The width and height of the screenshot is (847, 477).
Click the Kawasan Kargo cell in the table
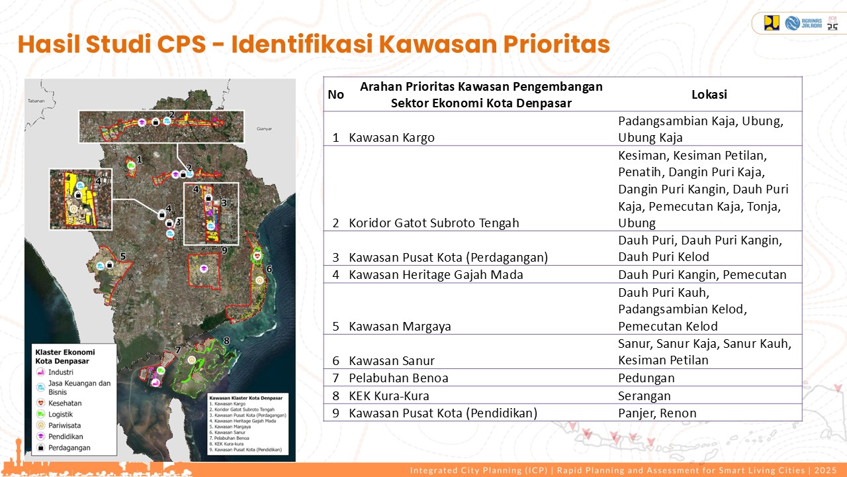pyautogui.click(x=392, y=138)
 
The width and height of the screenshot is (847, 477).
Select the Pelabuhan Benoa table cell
pyautogui.click(x=398, y=378)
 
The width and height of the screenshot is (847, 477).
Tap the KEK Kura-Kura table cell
pyautogui.click(x=389, y=396)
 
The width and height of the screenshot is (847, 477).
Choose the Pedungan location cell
pyautogui.click(x=646, y=378)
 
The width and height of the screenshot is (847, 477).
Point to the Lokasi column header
pyautogui.click(x=709, y=94)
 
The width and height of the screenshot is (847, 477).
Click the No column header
pyautogui.click(x=335, y=94)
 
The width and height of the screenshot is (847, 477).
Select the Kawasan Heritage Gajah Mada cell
pyautogui.click(x=435, y=274)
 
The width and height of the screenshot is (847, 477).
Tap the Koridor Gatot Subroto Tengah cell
pyautogui.click(x=434, y=223)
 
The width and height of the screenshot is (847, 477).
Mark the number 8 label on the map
pyautogui.click(x=226, y=341)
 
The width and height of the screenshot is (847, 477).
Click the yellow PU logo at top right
pyautogui.click(x=772, y=23)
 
